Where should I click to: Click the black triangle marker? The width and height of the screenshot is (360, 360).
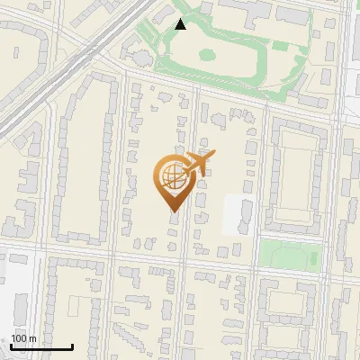[x=180, y=24]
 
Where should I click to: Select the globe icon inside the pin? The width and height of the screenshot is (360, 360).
[x=173, y=177]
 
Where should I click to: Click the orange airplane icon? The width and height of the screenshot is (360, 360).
[x=198, y=165]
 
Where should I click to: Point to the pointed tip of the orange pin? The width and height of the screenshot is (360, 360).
[x=173, y=211]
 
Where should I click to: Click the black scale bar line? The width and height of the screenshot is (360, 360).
[x=41, y=346]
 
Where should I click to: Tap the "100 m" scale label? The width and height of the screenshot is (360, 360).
[x=23, y=338]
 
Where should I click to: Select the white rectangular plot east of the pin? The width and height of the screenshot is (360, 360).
[x=238, y=216]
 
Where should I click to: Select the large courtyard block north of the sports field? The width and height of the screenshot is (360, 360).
[x=295, y=175]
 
